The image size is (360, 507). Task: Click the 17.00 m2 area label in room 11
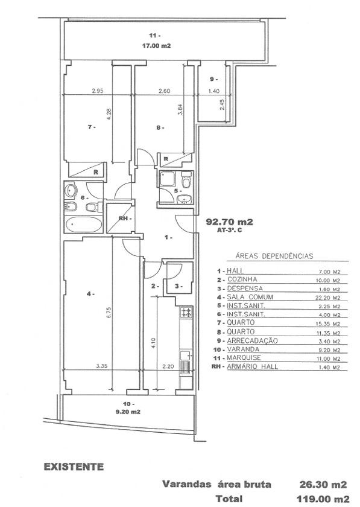(x=156, y=46)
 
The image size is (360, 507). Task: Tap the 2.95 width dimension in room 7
(x=98, y=91)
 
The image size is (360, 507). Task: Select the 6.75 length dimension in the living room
(x=109, y=313)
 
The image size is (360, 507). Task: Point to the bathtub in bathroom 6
(x=83, y=225)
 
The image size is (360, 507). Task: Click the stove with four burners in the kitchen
(x=186, y=313)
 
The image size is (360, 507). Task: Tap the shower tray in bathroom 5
(x=168, y=179)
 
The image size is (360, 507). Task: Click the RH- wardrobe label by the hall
(x=125, y=218)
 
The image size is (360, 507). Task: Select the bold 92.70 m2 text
(x=229, y=222)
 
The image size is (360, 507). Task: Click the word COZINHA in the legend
(x=242, y=279)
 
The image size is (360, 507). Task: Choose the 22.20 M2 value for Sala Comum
(x=328, y=298)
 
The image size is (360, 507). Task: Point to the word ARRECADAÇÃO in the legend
(x=253, y=341)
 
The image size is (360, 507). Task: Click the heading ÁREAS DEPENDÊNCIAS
(x=275, y=256)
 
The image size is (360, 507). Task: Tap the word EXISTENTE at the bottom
(x=74, y=467)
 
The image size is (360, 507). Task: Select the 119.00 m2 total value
(x=323, y=499)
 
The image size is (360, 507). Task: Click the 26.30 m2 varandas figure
(x=323, y=484)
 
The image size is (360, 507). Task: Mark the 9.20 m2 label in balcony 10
(x=128, y=412)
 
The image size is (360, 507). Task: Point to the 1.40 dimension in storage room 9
(x=214, y=91)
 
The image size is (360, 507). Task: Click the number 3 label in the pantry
(x=178, y=286)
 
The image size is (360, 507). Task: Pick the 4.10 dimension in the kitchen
(x=154, y=343)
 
